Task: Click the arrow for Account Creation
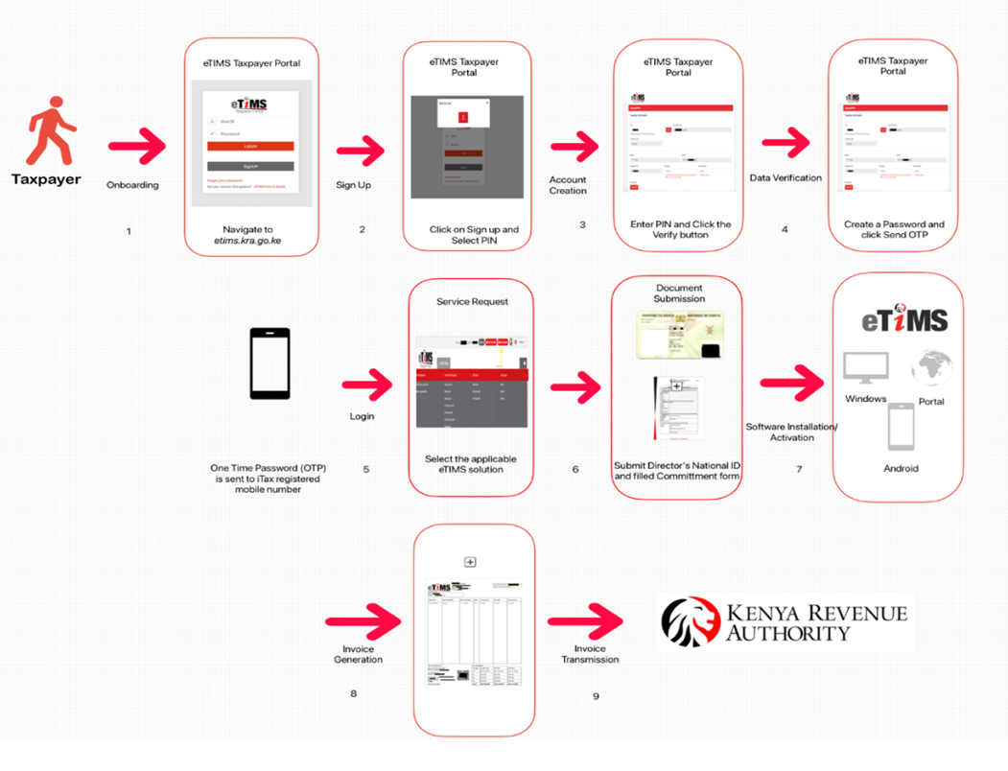point(574,148)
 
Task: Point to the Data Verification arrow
point(785,144)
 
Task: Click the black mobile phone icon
point(270,363)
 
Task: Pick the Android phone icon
point(901,427)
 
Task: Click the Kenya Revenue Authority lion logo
point(691,621)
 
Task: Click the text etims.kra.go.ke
point(248,242)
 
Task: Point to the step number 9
point(596,695)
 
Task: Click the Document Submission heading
point(679,292)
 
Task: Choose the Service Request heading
point(472,301)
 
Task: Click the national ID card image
point(678,336)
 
